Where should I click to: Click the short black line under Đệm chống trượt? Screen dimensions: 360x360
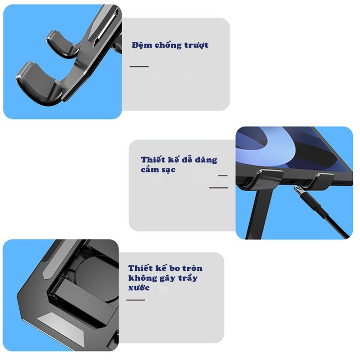[139, 67]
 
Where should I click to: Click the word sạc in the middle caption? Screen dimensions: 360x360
[168, 170]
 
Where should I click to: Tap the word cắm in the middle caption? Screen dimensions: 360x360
[149, 170]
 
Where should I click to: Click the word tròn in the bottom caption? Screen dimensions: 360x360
[193, 268]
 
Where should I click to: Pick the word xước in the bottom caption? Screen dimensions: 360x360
[139, 288]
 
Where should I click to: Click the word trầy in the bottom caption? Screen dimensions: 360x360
[188, 278]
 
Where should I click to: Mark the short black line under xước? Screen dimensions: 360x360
[135, 300]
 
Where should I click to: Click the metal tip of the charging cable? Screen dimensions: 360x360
[298, 190]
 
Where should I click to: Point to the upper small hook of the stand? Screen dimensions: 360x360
[63, 44]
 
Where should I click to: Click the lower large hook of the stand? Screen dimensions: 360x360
[38, 85]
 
